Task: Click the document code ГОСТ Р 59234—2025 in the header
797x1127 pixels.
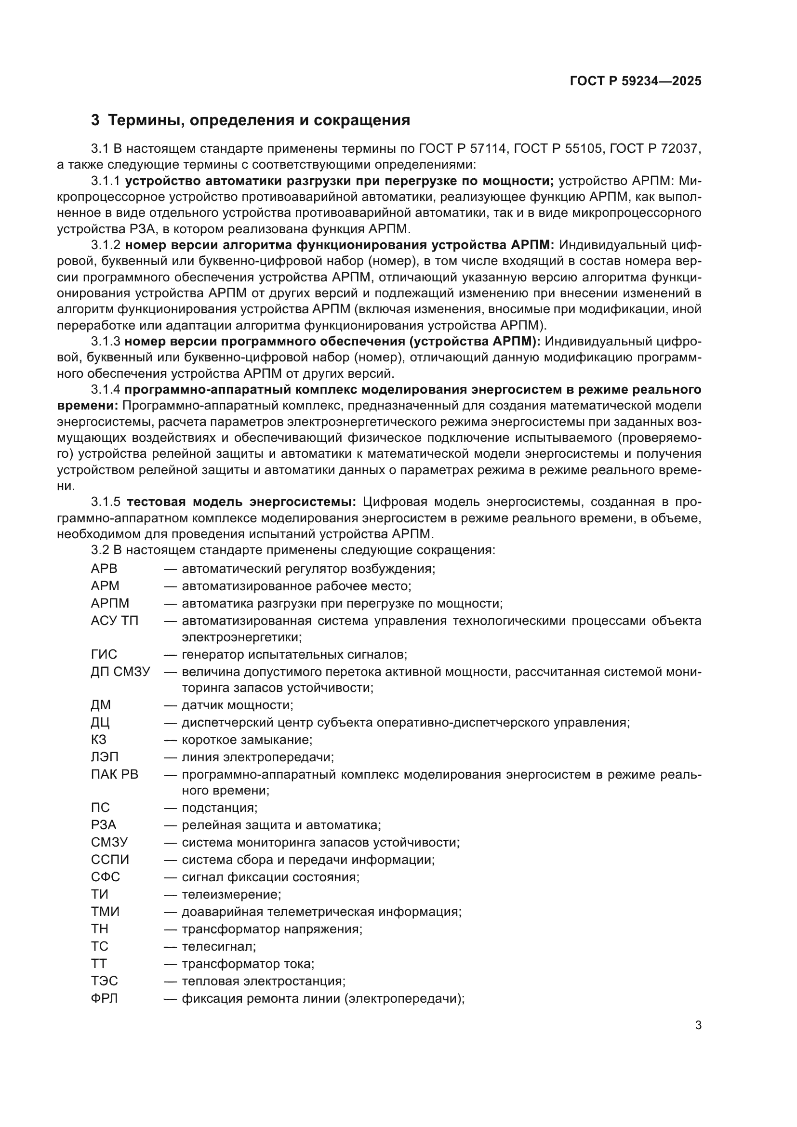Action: (636, 81)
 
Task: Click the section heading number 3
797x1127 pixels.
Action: (95, 120)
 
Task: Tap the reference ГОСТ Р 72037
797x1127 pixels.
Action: (655, 148)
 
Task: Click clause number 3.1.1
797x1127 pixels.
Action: (105, 181)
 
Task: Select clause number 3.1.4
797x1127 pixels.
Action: (105, 390)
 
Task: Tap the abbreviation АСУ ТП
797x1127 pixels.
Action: (115, 621)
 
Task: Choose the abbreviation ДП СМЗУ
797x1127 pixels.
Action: (120, 672)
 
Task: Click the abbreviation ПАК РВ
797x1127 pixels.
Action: (115, 774)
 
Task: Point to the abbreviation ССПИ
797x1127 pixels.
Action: (110, 860)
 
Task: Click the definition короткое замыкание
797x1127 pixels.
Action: (247, 739)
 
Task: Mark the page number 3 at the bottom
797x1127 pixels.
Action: (698, 1025)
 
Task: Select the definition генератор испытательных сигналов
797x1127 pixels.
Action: (294, 654)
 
